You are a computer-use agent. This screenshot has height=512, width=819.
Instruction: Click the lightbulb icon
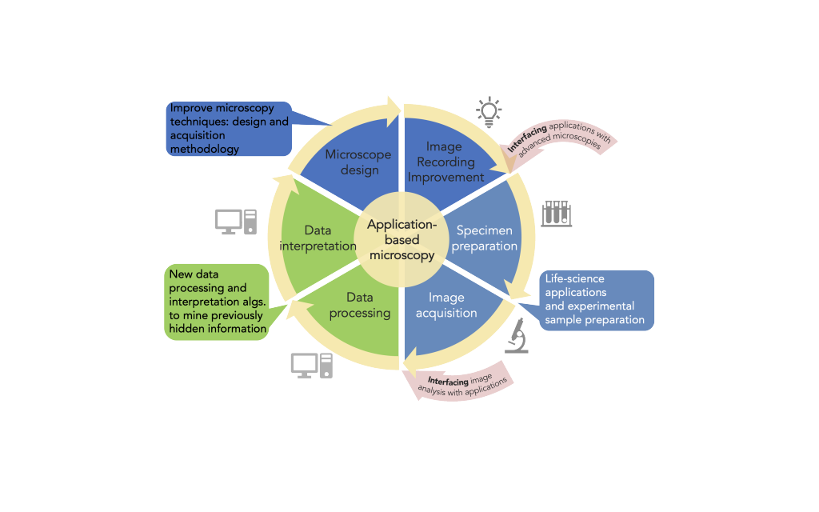click(488, 112)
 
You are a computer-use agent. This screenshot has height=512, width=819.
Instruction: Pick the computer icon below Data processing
click(311, 365)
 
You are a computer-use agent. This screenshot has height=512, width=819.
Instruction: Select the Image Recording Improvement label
click(445, 162)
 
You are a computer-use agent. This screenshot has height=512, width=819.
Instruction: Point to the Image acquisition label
click(445, 305)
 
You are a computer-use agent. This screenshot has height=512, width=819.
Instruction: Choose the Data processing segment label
click(360, 305)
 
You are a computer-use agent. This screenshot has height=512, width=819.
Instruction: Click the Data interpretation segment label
click(318, 238)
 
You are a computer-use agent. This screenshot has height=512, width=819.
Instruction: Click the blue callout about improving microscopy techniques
click(228, 128)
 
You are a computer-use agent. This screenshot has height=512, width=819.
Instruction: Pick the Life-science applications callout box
click(597, 300)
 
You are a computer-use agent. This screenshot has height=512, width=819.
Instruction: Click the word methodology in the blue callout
click(204, 149)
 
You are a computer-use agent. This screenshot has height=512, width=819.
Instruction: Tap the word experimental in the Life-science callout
click(604, 306)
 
